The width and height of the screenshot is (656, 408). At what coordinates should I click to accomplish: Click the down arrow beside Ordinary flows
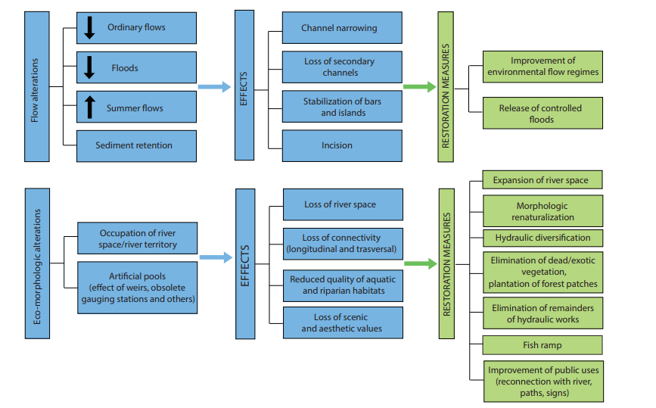point(89,28)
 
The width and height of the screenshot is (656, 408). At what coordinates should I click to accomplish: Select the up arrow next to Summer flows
point(89,107)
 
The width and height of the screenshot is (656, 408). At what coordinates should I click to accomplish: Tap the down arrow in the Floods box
point(89,67)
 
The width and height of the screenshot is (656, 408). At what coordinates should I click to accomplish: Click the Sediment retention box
point(136,145)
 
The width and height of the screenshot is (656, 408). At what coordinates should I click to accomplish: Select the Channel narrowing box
point(341,28)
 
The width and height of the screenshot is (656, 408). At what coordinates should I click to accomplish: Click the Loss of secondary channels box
point(341,67)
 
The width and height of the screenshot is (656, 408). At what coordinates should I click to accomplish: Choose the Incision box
point(341,145)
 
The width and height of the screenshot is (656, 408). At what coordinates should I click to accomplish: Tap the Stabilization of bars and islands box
point(341,107)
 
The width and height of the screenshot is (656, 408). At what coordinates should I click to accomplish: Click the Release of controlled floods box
point(543,114)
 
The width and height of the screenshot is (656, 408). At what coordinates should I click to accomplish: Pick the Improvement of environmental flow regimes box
point(543,67)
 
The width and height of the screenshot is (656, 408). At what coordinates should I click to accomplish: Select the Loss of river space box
point(342,204)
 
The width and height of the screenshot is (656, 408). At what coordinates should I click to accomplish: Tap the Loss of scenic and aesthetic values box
point(342,323)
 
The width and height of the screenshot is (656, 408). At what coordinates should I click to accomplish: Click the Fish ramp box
point(543,345)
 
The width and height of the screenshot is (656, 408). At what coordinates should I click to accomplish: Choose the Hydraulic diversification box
point(543,238)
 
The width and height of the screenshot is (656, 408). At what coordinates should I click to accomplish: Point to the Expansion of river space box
point(543,180)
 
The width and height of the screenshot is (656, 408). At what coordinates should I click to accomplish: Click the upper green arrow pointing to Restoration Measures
point(419,87)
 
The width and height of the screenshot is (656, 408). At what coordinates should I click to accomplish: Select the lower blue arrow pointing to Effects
point(216,258)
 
